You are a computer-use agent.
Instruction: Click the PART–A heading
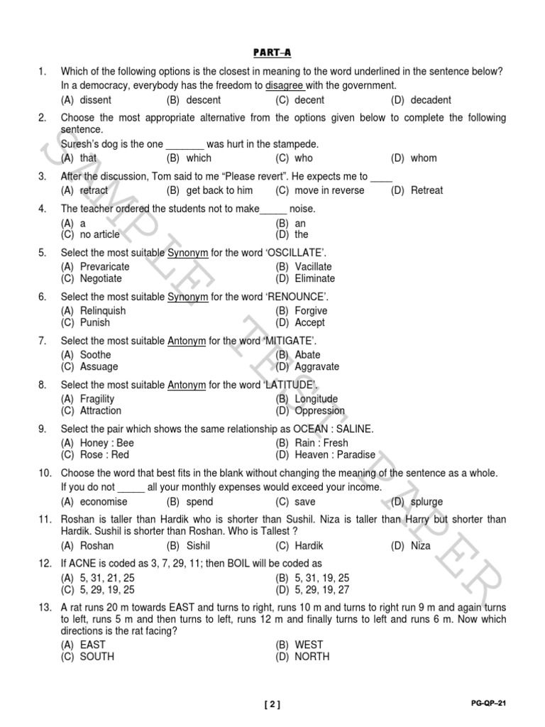[x=272, y=53]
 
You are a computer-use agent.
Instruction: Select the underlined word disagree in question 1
[x=285, y=85]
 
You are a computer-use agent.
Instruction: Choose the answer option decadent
[x=430, y=100]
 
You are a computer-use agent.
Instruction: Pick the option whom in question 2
[x=424, y=158]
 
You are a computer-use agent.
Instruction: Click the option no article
[x=100, y=234]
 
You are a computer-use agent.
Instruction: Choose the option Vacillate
[x=314, y=267]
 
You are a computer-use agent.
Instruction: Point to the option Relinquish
[x=103, y=311]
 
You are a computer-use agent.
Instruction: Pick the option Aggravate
[x=317, y=367]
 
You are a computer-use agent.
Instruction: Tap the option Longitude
[x=316, y=399]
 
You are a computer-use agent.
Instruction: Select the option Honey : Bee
[x=107, y=443]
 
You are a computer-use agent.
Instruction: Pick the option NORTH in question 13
[x=312, y=657]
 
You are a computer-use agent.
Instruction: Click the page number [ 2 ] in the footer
[x=272, y=704]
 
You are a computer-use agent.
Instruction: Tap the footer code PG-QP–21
[x=488, y=704]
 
